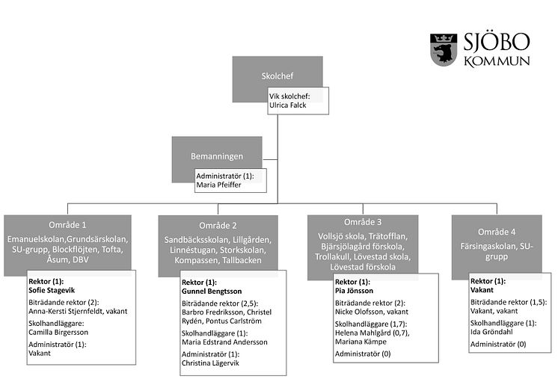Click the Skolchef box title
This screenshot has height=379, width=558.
(x=278, y=76)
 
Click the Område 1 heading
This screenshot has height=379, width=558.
(x=69, y=225)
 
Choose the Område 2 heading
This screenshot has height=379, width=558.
(x=218, y=226)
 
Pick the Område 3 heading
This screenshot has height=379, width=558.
(x=363, y=223)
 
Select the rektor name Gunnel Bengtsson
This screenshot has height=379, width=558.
(x=213, y=291)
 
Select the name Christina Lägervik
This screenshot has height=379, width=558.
(x=213, y=362)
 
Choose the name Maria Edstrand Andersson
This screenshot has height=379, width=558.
(x=224, y=342)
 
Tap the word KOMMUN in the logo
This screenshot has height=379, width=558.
(x=497, y=61)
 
